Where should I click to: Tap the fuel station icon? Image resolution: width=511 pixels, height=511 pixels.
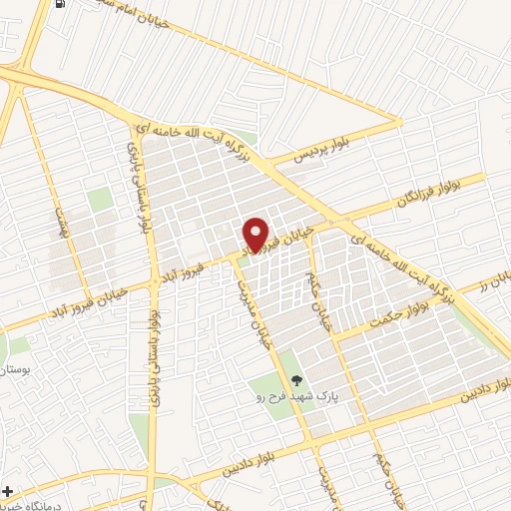tap(62, 5)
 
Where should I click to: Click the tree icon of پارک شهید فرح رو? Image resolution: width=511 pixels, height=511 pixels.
tap(295, 378)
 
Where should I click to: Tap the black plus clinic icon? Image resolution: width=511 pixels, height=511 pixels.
tap(9, 492)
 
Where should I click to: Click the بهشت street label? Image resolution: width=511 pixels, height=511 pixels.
tap(59, 221)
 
